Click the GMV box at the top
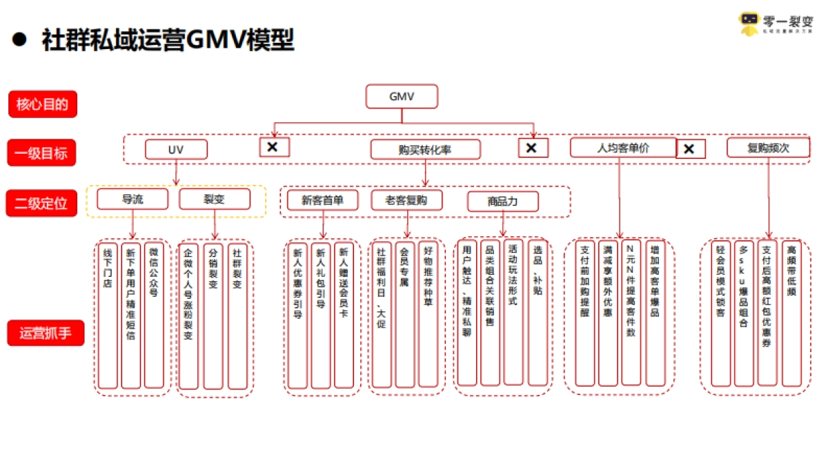pos(402,97)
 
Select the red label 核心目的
pos(42,105)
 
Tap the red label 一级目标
pos(42,153)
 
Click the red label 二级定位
pos(42,203)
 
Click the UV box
pos(176,149)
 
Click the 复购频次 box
pos(768,148)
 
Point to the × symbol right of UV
pos(274,146)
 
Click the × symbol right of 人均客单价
pos(690,148)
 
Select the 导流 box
pos(132,199)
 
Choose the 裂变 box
pos(215,199)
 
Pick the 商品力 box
pos(502,202)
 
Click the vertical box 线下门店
pos(108,314)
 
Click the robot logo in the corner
pos(749,23)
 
